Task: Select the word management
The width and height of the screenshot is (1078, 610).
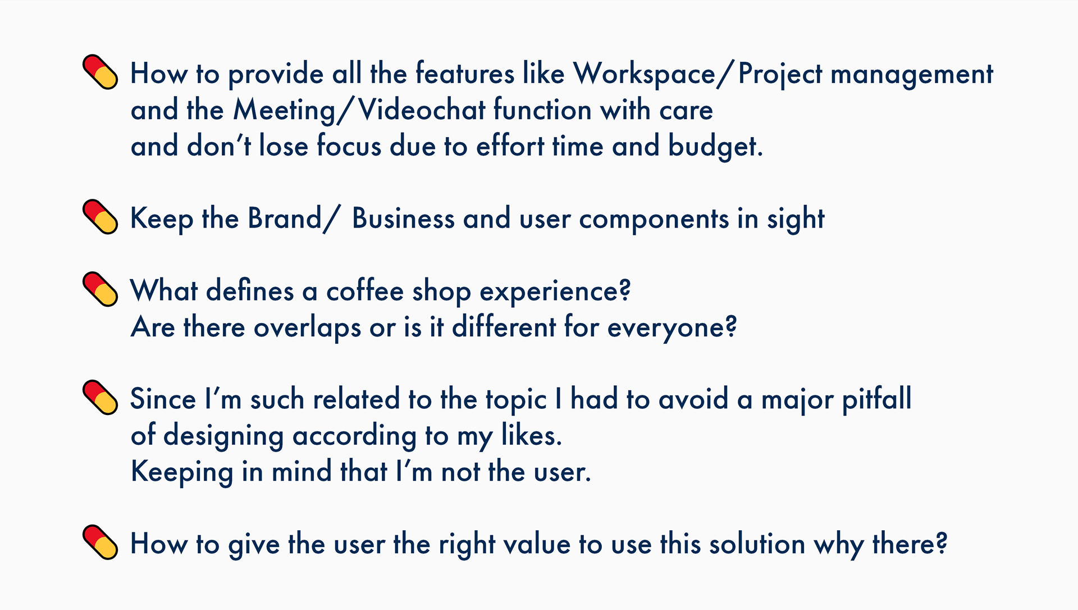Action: pos(912,75)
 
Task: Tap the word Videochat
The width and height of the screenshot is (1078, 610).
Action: pos(422,109)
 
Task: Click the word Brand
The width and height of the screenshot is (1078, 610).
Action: pos(284,218)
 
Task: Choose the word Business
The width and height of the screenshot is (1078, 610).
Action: pos(403,218)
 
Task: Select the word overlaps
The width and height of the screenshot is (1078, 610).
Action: pos(307,328)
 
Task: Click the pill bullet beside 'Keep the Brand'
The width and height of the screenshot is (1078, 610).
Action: pos(100,216)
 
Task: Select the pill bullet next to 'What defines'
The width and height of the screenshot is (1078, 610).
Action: pos(100,289)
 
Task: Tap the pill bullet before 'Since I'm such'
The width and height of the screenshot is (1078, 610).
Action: pos(100,397)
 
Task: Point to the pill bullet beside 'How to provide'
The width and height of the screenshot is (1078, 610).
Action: pos(100,72)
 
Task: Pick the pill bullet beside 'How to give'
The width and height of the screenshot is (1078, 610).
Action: pos(100,542)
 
